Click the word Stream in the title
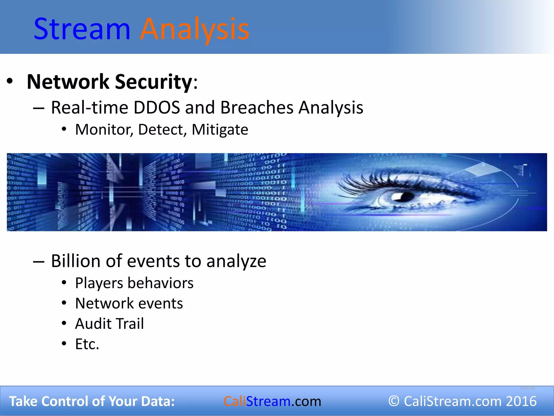click(x=82, y=29)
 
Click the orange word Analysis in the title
click(x=194, y=29)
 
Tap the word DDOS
click(x=157, y=108)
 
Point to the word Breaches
click(x=257, y=108)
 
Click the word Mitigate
click(x=220, y=129)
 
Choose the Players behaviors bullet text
click(x=134, y=283)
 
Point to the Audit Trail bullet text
click(x=109, y=324)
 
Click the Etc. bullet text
click(x=87, y=344)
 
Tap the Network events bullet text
click(x=129, y=303)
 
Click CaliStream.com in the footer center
click(x=272, y=401)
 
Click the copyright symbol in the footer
click(x=394, y=401)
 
